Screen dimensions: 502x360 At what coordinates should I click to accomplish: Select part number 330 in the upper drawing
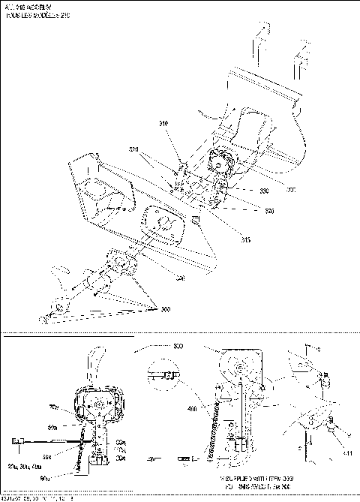coord(263,191)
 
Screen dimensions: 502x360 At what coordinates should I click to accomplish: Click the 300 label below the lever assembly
coord(164,309)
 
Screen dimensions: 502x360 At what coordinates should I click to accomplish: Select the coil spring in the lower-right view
coord(211,435)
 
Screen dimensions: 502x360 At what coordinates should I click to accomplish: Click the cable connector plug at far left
coord(17,445)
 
